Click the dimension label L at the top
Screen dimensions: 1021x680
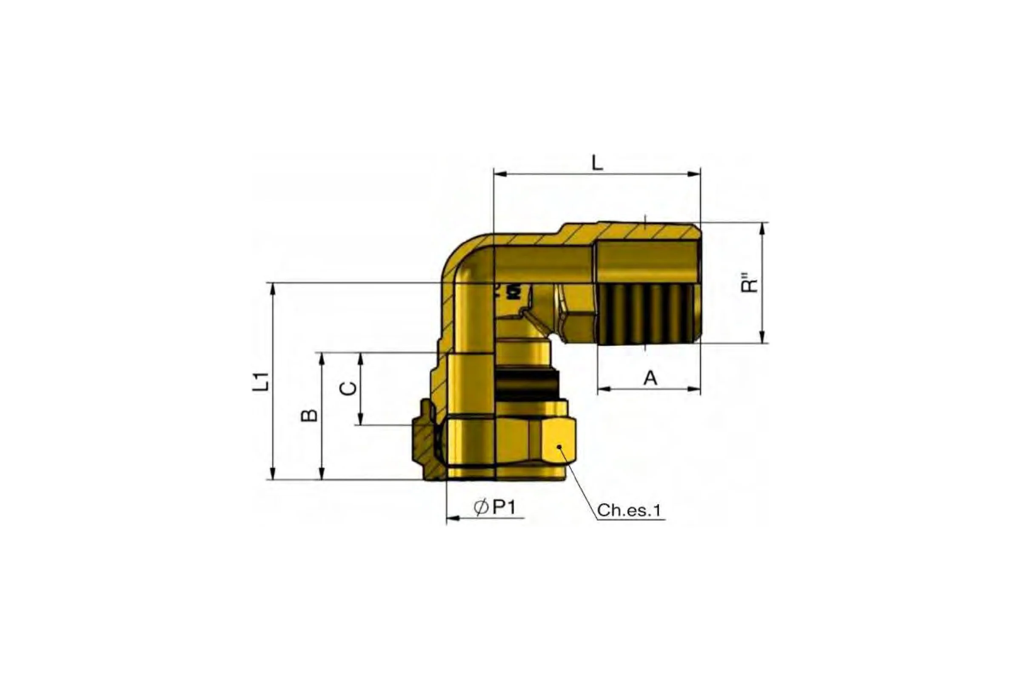click(x=598, y=163)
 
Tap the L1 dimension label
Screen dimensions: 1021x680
click(x=261, y=382)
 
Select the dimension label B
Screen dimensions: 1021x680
click(x=309, y=415)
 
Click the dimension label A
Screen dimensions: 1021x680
click(x=650, y=378)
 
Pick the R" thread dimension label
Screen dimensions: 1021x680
click(x=750, y=282)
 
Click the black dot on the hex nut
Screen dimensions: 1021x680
click(x=559, y=446)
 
